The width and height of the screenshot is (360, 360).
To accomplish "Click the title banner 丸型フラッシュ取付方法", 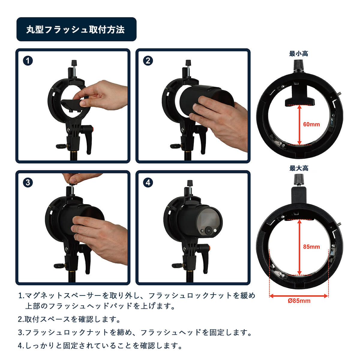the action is (76, 29).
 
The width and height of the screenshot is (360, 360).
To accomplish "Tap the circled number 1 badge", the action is (28, 61).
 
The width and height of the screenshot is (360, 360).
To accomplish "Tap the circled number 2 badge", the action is (148, 61).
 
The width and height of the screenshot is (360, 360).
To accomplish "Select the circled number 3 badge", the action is (28, 182).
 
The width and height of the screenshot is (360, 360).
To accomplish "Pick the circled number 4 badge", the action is (148, 182).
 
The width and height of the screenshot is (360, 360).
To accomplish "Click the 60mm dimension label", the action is (311, 124).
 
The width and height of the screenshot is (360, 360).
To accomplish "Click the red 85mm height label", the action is (311, 247).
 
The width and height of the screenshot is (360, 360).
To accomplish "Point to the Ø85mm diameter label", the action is (299, 301).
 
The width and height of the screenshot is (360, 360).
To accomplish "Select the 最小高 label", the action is (298, 54).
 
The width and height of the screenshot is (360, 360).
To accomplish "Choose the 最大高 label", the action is (299, 168).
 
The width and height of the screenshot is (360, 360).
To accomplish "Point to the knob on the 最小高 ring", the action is (298, 65).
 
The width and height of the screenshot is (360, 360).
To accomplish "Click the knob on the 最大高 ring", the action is (299, 180).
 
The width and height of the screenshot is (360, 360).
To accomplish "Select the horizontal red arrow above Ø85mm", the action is (299, 296).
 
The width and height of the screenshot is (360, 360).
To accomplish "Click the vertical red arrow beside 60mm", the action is (299, 125).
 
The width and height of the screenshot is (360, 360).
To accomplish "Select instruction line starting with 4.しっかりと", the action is (100, 346).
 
